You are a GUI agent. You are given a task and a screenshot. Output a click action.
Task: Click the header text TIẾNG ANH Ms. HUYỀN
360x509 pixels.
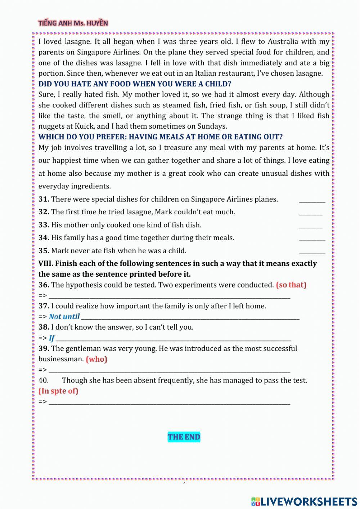[73, 23]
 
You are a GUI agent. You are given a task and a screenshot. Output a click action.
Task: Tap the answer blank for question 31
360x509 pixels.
[312, 200]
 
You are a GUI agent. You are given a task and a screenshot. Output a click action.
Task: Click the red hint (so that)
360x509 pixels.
[291, 285]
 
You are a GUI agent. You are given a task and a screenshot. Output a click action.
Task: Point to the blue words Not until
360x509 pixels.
[64, 317]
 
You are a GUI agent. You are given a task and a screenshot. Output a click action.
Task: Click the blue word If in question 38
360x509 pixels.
[52, 338]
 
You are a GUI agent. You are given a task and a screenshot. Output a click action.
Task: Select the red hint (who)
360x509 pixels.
[96, 359]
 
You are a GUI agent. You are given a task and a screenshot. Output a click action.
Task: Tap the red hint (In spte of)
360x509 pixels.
[58, 391]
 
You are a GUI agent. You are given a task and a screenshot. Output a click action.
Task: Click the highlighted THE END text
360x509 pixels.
[184, 437]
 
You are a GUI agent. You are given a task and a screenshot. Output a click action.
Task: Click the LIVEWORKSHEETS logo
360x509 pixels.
[304, 501]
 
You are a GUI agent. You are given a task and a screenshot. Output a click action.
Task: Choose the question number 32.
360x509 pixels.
[44, 212]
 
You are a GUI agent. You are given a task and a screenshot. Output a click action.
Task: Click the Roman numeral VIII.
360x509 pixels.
[46, 264]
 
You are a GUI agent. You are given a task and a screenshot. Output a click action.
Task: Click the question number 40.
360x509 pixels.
[43, 380]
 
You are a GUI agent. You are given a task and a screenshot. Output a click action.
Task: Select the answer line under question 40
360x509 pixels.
[169, 402]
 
